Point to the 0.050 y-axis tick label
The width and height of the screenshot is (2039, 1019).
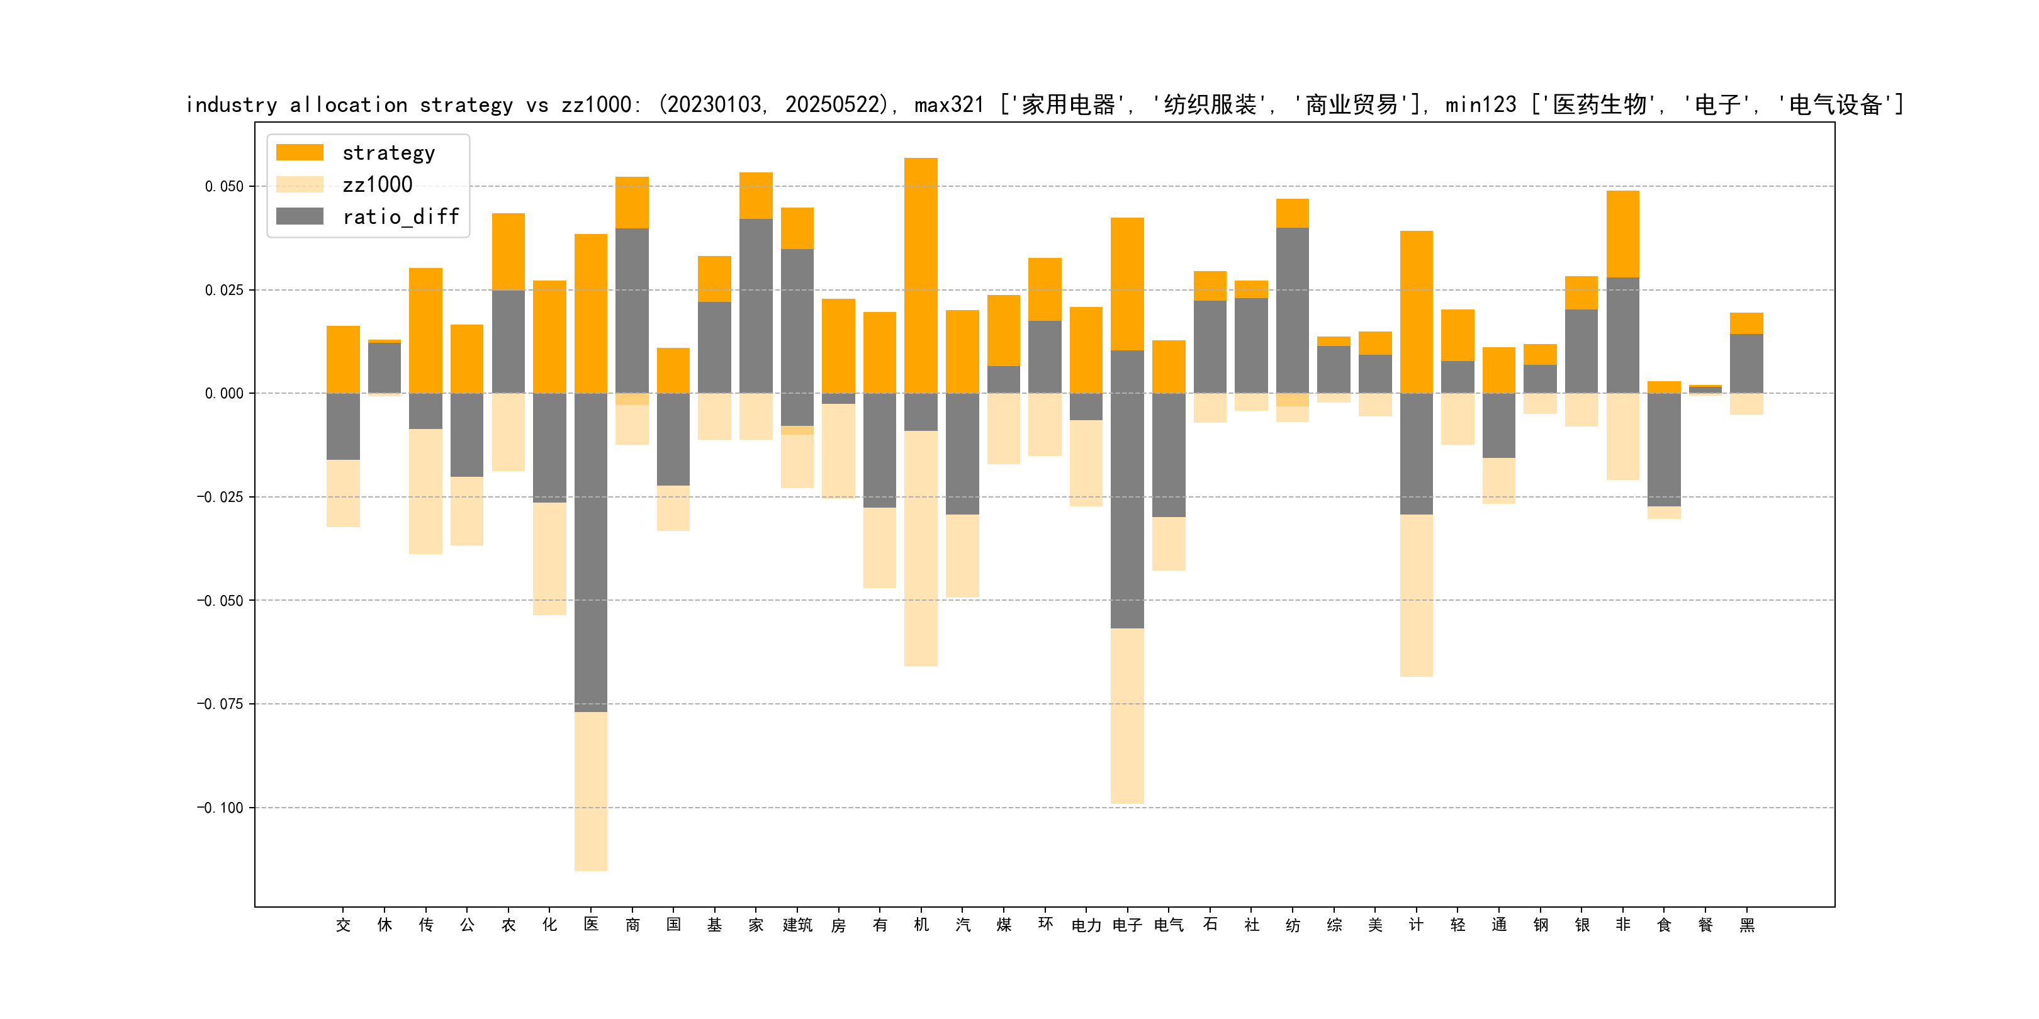pyautogui.click(x=224, y=187)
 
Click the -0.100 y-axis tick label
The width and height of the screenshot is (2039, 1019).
pyautogui.click(x=220, y=808)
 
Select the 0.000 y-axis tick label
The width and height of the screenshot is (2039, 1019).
pyautogui.click(x=224, y=394)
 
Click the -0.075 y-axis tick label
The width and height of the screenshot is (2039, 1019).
pyautogui.click(x=220, y=704)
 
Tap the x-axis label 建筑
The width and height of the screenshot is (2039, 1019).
pyautogui.click(x=797, y=925)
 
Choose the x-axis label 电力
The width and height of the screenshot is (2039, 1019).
pyautogui.click(x=1086, y=925)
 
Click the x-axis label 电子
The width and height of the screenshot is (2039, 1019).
pyautogui.click(x=1127, y=925)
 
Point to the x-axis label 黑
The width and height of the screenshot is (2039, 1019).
pyautogui.click(x=1747, y=925)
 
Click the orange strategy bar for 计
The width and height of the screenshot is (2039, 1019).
pyautogui.click(x=1416, y=312)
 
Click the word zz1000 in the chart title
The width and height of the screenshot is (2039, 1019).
pyautogui.click(x=596, y=105)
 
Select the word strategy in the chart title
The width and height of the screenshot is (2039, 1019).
pyautogui.click(x=466, y=105)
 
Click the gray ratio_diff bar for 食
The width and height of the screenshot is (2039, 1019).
pyautogui.click(x=1664, y=449)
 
